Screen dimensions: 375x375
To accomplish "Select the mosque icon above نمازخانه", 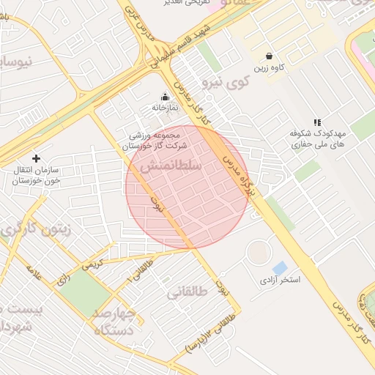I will pos(165,95).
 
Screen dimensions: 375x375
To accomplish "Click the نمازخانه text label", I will pos(165,108).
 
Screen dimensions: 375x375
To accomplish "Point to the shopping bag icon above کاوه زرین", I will pos(270,56).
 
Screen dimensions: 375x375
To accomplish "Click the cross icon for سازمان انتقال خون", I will pos(36,158).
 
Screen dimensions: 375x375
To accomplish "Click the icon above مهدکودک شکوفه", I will pos(316,122).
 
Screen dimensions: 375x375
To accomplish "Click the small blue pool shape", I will pos(279,267).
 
